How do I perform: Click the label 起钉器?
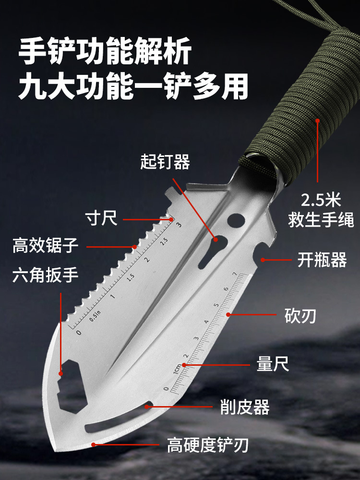pos(165,162)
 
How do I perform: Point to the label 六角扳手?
pos(45,275)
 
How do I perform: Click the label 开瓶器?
pos(322,260)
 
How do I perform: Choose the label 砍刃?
pos(300,316)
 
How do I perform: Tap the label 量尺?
pos(273,364)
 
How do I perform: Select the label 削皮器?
pos(245,407)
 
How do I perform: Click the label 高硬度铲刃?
pos(208,445)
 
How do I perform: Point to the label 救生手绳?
pos(321,220)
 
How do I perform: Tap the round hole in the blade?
pos(236,220)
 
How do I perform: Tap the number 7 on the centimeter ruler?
pos(235,274)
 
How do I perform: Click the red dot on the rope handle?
pos(317,120)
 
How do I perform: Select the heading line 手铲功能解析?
pos(105,50)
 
